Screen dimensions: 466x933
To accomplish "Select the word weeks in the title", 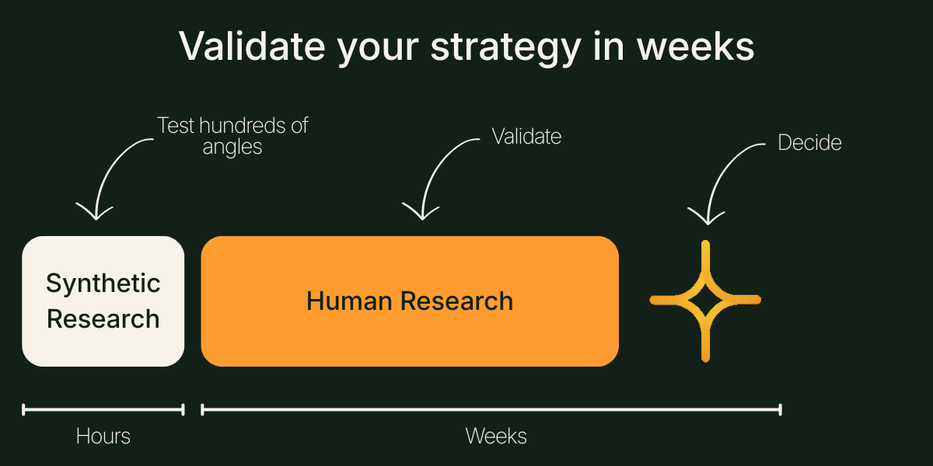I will [695, 47].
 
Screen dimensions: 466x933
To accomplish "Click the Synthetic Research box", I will [103, 301].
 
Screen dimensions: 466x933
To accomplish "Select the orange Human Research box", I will [410, 301].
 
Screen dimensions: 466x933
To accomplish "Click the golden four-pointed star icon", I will [705, 301].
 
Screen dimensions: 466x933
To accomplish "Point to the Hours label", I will [103, 436].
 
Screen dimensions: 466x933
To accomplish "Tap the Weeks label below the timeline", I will [496, 436].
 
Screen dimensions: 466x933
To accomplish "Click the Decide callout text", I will [809, 143].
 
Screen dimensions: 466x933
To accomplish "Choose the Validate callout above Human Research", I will [526, 137].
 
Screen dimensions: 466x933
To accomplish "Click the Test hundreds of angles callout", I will [232, 136].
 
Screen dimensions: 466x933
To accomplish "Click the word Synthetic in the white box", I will [103, 283].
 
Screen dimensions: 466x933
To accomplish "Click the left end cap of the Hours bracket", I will [24, 409].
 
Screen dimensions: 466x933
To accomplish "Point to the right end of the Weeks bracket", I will [780, 409].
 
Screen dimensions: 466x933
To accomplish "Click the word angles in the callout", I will [232, 147].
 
